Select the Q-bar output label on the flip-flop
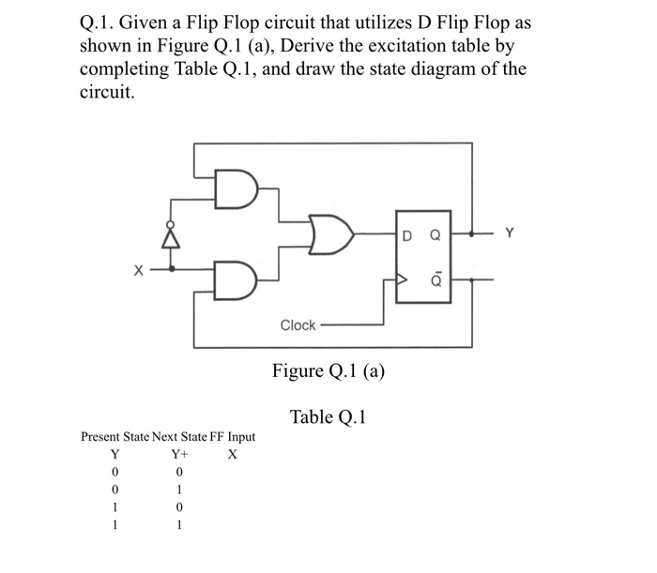[434, 278]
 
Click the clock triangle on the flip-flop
[402, 279]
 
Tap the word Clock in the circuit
[298, 324]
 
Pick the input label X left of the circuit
[138, 272]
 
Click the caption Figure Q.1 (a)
[328, 370]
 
